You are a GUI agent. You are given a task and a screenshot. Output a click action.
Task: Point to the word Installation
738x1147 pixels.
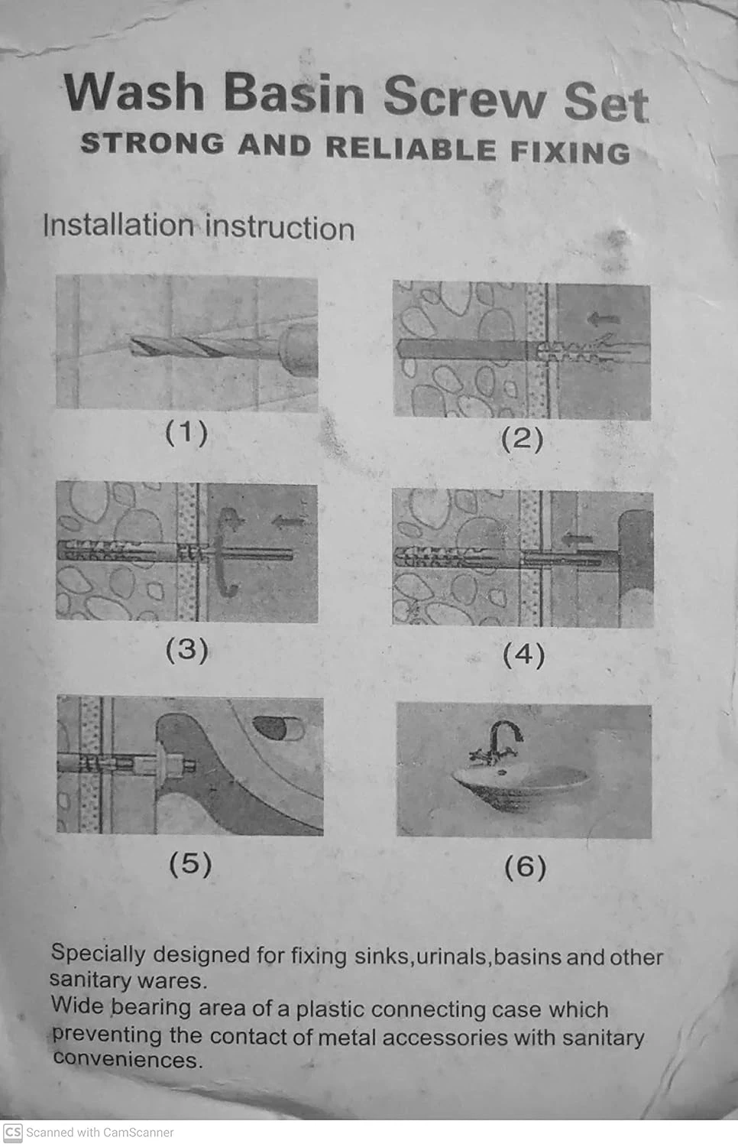pyautogui.click(x=118, y=225)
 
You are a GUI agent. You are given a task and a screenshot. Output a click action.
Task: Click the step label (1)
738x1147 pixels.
pyautogui.click(x=186, y=434)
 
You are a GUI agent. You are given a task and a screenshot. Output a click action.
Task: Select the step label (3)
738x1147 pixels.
pyautogui.click(x=186, y=649)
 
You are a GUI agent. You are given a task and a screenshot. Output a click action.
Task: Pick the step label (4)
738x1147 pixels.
pyautogui.click(x=524, y=655)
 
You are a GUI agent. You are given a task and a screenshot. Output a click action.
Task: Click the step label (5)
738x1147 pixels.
pyautogui.click(x=190, y=864)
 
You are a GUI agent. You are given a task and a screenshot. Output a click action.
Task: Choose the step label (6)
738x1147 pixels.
pyautogui.click(x=526, y=867)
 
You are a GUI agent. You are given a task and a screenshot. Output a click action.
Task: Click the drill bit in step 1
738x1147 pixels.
pyautogui.click(x=205, y=348)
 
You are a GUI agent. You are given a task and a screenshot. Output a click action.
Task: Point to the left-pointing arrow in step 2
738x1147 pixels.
pyautogui.click(x=604, y=320)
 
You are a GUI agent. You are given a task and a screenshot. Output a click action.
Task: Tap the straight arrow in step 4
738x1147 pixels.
pyautogui.click(x=577, y=538)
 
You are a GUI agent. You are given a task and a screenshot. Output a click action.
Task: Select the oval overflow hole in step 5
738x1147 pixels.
pyautogui.click(x=279, y=728)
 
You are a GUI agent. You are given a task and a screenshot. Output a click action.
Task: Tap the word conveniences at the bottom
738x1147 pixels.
pyautogui.click(x=128, y=1059)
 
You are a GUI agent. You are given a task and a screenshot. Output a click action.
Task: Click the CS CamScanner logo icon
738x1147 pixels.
pyautogui.click(x=13, y=1132)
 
